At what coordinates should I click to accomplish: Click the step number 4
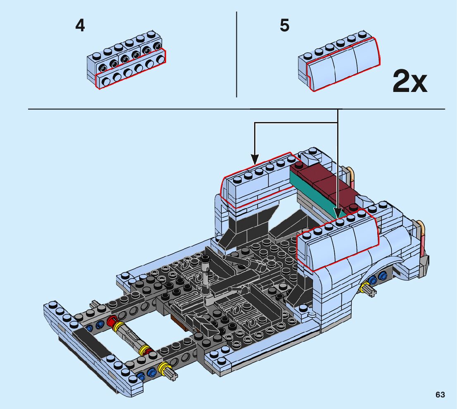pyautogui.click(x=80, y=26)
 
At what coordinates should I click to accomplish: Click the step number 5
pyautogui.click(x=285, y=26)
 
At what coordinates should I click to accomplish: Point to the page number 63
pyautogui.click(x=440, y=395)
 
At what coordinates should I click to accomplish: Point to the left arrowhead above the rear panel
pyautogui.click(x=255, y=158)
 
